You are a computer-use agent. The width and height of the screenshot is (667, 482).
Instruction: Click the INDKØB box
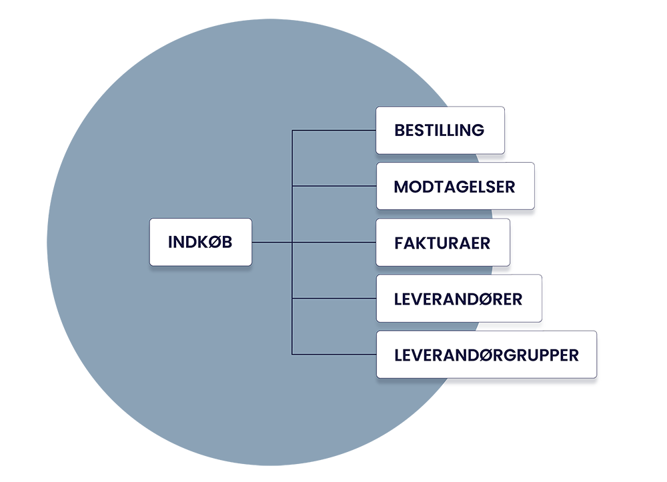200,242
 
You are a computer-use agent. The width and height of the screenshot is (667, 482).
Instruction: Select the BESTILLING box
440,130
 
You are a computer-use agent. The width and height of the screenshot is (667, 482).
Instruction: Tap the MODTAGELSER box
455,186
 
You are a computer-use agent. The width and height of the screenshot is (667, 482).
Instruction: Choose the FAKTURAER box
443,242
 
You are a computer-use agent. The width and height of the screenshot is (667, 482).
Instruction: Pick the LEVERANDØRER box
458,298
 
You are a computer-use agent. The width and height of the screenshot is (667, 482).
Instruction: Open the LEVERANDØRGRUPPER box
486,355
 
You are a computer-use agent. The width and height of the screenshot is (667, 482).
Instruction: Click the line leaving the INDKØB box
272,242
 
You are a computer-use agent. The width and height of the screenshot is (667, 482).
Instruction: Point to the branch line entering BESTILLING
333,131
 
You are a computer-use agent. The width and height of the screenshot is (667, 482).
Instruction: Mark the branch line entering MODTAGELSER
333,187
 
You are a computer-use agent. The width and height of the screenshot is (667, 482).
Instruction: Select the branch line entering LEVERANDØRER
333,299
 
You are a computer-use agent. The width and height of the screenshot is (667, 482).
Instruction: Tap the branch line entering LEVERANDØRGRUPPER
333,354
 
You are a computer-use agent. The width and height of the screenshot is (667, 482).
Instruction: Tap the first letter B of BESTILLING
400,130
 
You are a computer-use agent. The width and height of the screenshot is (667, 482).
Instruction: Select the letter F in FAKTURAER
398,242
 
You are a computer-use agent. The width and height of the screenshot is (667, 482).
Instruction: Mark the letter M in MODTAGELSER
401,186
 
